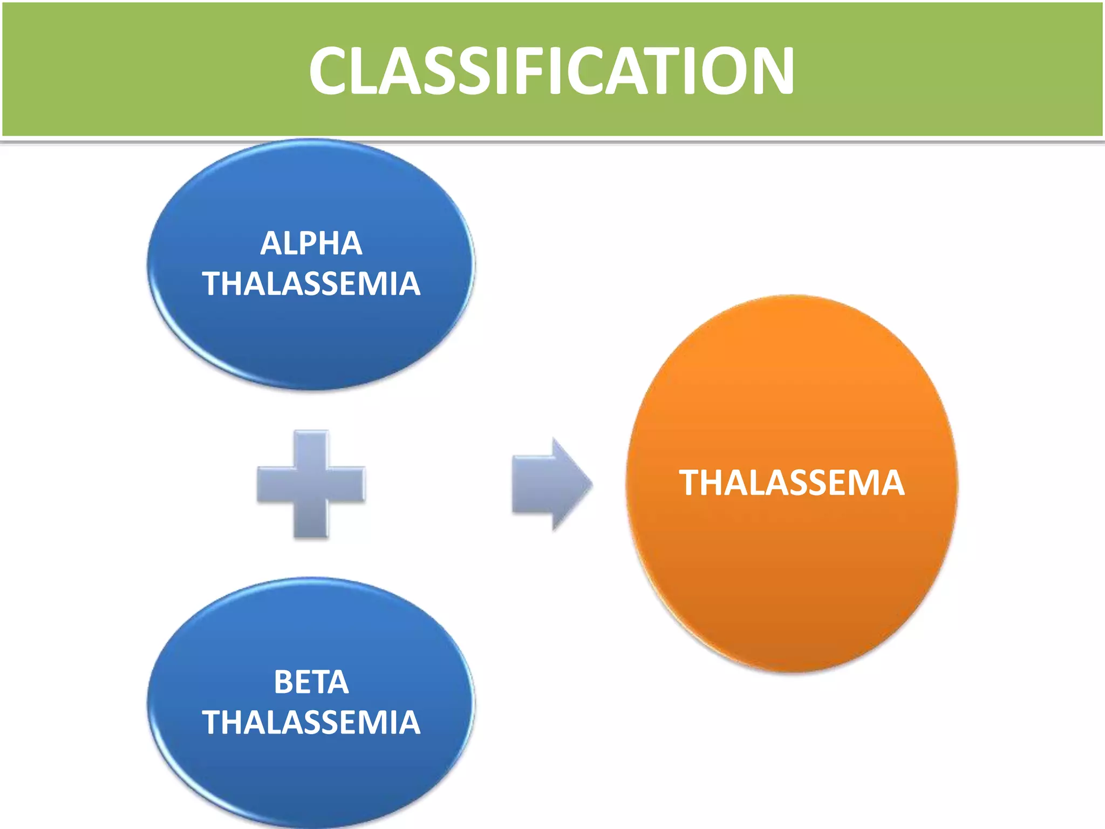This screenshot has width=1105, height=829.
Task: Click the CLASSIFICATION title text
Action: (551, 70)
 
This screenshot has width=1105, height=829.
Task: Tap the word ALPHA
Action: (311, 243)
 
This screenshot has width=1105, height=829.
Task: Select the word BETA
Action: (311, 682)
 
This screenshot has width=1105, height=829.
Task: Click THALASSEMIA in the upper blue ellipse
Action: (311, 284)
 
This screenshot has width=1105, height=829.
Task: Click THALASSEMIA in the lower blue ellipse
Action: (311, 722)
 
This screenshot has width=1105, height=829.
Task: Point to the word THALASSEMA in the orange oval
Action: (792, 483)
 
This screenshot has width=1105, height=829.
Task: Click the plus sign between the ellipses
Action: (311, 484)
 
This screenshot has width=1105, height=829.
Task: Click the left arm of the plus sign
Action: (274, 484)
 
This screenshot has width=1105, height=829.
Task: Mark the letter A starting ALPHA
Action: (271, 243)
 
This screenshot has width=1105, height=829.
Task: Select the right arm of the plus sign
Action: (348, 484)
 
